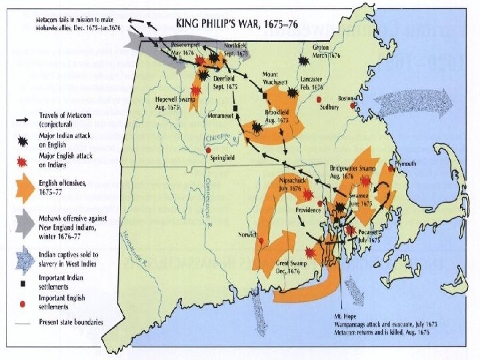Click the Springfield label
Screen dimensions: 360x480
point(221,161)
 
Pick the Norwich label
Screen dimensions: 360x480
point(248,235)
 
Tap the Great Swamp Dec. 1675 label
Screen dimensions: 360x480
point(291,268)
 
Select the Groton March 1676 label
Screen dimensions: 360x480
point(327,51)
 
